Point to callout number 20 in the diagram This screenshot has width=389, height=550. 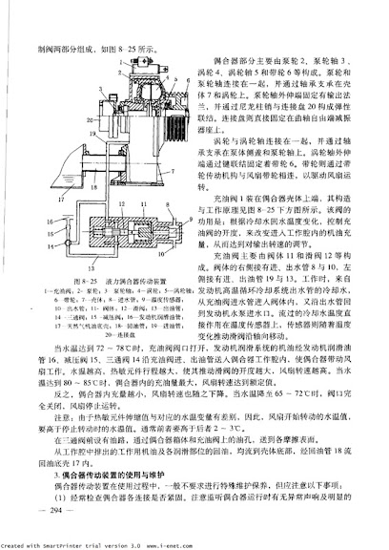pos(89,119)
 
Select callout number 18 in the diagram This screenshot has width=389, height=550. pos(92,187)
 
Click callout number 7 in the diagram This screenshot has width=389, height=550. pos(166,172)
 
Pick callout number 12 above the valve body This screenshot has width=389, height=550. pos(122,203)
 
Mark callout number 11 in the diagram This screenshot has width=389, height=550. pos(144,203)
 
